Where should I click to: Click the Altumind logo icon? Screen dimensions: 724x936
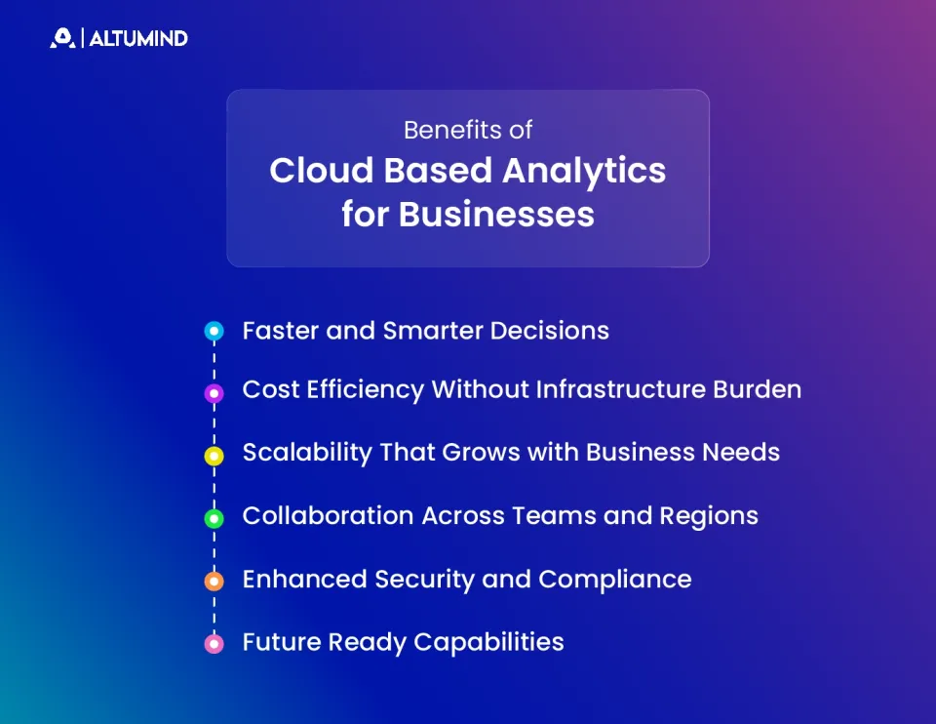(x=62, y=38)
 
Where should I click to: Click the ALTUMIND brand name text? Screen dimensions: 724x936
(x=138, y=39)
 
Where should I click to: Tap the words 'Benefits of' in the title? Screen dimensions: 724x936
(x=468, y=130)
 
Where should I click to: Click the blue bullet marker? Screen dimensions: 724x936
(x=214, y=332)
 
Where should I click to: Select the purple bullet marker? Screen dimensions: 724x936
(x=214, y=393)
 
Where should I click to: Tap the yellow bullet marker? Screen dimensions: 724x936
(x=214, y=456)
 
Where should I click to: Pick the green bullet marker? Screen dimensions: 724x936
(x=214, y=518)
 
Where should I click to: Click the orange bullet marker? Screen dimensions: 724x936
(x=214, y=581)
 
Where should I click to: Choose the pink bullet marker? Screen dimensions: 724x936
(x=214, y=644)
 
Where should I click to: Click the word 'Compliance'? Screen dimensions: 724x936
(x=614, y=580)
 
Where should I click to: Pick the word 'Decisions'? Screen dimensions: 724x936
(x=549, y=331)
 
